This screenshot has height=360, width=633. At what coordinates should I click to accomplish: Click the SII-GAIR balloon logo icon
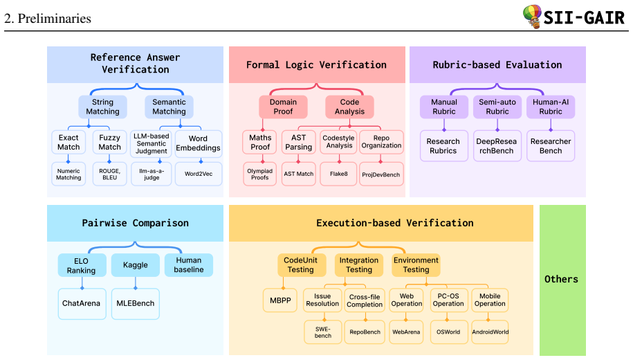click(x=532, y=17)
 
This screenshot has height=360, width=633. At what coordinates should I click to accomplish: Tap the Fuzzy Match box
click(x=109, y=142)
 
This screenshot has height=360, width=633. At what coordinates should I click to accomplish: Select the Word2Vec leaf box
click(x=199, y=174)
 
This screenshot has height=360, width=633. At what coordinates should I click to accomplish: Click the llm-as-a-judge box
click(x=152, y=174)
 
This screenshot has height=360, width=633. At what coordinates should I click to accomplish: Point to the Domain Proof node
click(x=283, y=107)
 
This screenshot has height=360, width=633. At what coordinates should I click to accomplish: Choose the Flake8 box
click(x=338, y=174)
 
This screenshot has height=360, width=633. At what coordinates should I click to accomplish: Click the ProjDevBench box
click(x=381, y=174)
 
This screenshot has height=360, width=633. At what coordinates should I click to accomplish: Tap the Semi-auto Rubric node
click(x=497, y=107)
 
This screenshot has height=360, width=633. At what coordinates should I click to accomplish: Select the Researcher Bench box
click(x=551, y=146)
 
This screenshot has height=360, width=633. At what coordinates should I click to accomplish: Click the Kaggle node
click(x=135, y=265)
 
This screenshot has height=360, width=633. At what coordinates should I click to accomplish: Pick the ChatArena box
click(x=82, y=303)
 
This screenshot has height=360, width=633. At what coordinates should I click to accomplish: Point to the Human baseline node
click(x=189, y=265)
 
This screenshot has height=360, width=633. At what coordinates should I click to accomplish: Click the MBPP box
click(x=280, y=300)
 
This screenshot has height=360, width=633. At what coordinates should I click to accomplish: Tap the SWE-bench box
click(x=323, y=332)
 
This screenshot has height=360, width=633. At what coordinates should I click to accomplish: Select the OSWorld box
click(x=448, y=332)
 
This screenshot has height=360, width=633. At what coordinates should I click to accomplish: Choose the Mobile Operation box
click(x=490, y=300)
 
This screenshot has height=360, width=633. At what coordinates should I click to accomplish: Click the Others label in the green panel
click(x=561, y=279)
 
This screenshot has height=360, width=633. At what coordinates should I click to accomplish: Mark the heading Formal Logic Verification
click(x=317, y=64)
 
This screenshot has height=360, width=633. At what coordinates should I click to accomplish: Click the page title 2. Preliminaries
click(x=48, y=19)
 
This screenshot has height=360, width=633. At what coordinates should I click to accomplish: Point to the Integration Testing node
click(x=359, y=265)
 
